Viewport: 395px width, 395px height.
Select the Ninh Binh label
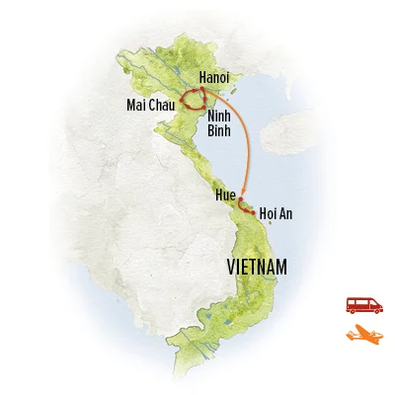click(x=220, y=121)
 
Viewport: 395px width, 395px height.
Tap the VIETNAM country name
click(x=257, y=267)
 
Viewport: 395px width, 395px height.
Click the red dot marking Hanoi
click(x=202, y=92)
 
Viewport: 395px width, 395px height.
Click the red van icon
click(x=363, y=304)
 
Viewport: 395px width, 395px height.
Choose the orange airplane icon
click(x=363, y=336)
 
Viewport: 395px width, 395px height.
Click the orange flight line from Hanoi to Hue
click(x=238, y=138)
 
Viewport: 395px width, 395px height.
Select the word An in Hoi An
click(x=288, y=212)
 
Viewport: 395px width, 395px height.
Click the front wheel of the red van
click(x=374, y=310)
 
